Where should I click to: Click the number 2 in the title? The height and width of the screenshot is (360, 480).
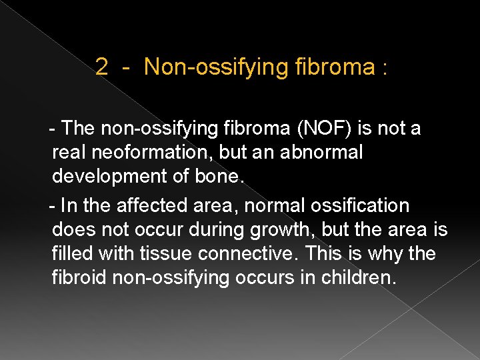[x=102, y=67]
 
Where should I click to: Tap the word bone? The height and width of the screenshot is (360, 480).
[x=220, y=177]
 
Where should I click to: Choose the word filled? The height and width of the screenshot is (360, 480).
[x=69, y=254]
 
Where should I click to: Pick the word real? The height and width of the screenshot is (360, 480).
[x=69, y=152]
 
